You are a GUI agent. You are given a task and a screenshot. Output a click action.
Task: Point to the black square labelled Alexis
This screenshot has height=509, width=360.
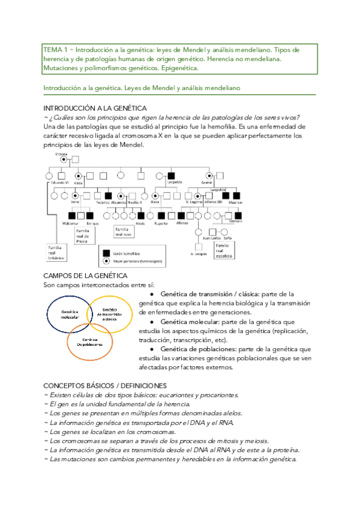tap(141, 215)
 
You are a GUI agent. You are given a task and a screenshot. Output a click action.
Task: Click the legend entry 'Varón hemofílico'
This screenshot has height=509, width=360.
tap(127, 254)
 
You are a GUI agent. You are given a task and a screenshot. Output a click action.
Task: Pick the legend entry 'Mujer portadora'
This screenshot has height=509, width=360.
tap(132, 262)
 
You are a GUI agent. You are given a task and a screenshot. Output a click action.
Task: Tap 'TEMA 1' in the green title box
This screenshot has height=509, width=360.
tap(56, 49)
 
